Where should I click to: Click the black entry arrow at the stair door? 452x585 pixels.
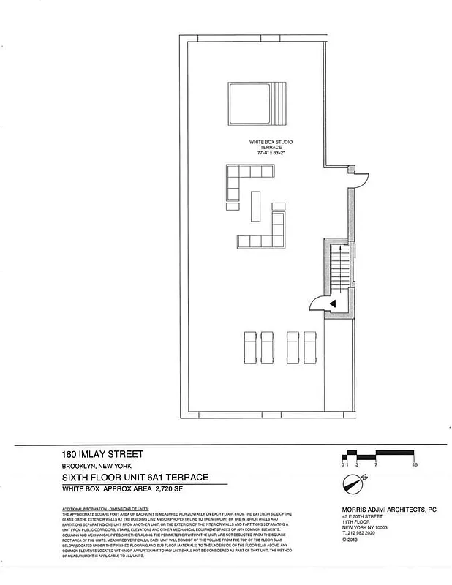tap(332, 302)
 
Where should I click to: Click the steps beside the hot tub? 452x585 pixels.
tap(281, 104)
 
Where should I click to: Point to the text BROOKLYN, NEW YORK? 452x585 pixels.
tap(96, 467)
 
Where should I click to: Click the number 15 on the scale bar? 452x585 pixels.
tap(415, 464)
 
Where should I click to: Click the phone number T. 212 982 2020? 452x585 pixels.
tap(364, 534)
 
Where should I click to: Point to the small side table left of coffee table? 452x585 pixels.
tap(232, 207)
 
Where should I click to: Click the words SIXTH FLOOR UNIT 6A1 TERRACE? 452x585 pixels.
tap(135, 477)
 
